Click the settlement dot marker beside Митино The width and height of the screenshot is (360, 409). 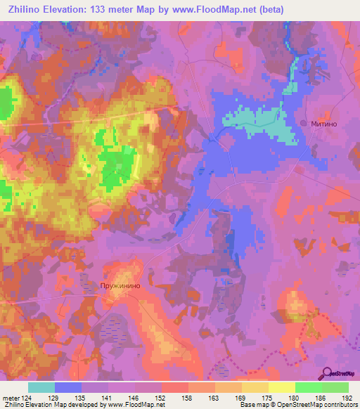304,123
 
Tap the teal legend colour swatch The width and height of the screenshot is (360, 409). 41,387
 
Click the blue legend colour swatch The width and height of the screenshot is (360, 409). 68,387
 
